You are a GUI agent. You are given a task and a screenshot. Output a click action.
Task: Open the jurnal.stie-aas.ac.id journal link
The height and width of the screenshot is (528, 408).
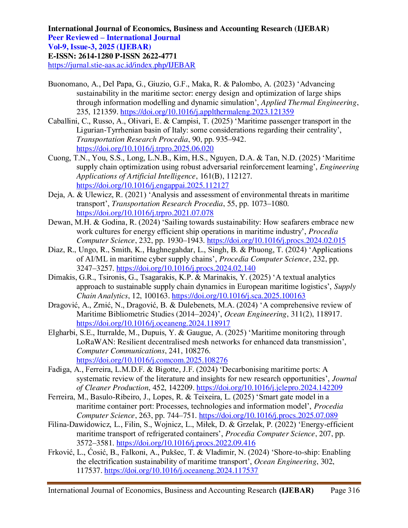pyautogui.click(x=122, y=66)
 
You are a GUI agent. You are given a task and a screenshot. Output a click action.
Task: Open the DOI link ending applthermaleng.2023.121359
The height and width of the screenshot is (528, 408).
pyautogui.click(x=207, y=112)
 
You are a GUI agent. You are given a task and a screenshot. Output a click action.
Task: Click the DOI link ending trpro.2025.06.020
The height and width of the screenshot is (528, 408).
pyautogui.click(x=145, y=149)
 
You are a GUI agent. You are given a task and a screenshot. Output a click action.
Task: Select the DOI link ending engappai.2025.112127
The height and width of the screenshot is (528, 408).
pyautogui.click(x=153, y=186)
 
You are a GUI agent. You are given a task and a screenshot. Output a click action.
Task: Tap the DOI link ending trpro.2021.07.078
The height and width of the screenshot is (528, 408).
pyautogui.click(x=145, y=213)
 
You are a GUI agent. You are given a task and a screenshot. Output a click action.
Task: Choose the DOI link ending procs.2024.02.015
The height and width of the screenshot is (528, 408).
pyautogui.click(x=276, y=241)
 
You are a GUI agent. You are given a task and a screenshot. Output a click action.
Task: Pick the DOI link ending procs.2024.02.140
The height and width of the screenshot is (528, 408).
pyautogui.click(x=186, y=268)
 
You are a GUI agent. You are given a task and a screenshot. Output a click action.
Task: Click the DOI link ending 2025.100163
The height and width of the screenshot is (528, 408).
pyautogui.click(x=239, y=296)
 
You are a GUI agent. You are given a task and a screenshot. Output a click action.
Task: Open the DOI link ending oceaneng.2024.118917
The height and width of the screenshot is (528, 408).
pyautogui.click(x=154, y=324)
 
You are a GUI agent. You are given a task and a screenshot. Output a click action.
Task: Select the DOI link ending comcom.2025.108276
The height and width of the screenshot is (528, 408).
pyautogui.click(x=152, y=361)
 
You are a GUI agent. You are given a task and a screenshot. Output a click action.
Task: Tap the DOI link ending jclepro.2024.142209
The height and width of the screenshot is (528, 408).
pyautogui.click(x=269, y=388)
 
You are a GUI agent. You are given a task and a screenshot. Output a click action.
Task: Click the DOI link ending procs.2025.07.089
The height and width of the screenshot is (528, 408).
pyautogui.click(x=268, y=416)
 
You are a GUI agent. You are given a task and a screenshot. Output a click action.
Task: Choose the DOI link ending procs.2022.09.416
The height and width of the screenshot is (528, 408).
pyautogui.click(x=186, y=443)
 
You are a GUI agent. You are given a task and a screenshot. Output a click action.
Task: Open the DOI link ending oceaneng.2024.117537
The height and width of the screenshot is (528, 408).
pyautogui.click(x=181, y=471)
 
